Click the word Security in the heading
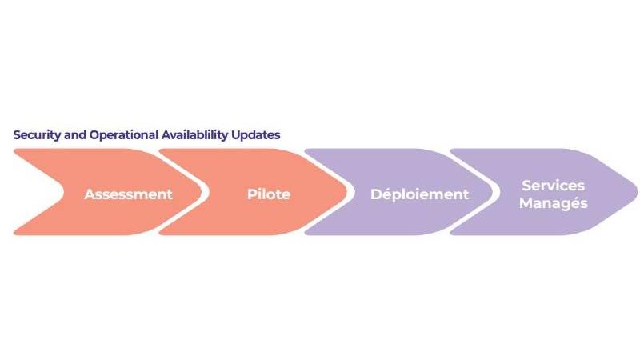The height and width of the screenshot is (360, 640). point(37,135)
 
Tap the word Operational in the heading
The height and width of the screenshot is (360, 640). point(123,135)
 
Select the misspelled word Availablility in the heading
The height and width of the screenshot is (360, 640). point(194,135)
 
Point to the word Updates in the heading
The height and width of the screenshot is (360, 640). point(256,135)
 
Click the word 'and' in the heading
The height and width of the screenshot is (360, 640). point(74,134)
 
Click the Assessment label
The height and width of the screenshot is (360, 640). point(128,194)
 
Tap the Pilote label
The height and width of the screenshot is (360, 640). point(269,194)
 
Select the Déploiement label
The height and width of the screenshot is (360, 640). point(419,194)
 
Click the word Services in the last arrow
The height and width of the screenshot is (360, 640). point(553,186)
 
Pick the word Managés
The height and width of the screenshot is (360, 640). point(553,203)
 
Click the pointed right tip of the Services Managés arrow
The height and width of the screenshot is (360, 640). point(637,192)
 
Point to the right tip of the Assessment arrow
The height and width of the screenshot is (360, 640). point(202,192)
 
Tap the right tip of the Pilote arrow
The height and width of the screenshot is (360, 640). point(347,192)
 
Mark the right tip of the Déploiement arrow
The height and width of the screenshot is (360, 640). point(492,192)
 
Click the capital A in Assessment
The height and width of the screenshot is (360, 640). point(90,194)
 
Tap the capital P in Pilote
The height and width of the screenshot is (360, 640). point(251,194)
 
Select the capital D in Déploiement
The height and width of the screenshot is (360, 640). point(376,194)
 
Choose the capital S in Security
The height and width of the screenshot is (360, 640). point(17,135)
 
